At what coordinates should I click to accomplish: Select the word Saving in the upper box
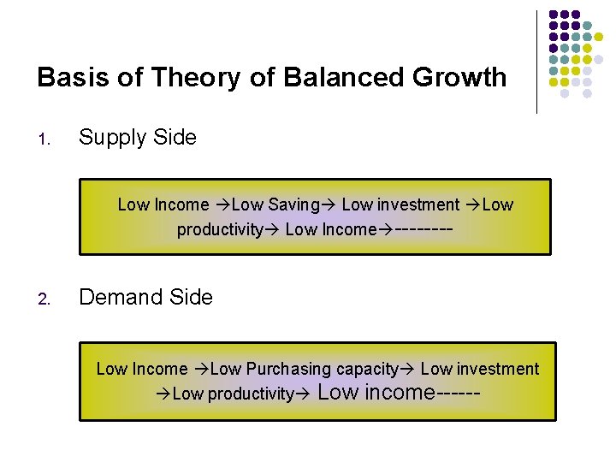coord(293,204)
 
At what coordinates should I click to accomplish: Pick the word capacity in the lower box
coord(367,369)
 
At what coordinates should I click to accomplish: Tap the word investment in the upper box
coord(418,204)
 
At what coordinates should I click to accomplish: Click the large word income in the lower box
coord(400,392)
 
